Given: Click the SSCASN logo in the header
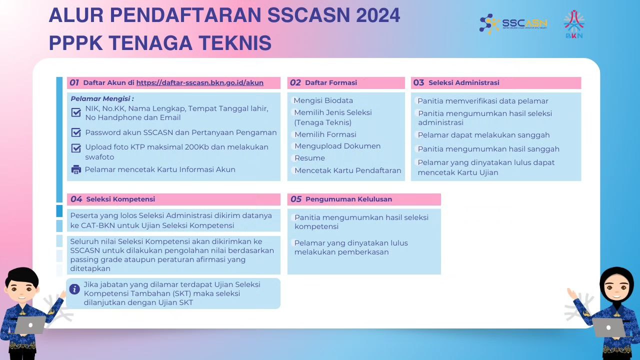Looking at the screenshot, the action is click(x=513, y=24).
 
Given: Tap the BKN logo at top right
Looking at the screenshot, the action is click(x=574, y=24).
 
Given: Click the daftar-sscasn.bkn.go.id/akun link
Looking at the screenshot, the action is click(x=199, y=83).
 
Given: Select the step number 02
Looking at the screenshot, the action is click(x=295, y=83).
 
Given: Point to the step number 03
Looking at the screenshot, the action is click(x=418, y=83).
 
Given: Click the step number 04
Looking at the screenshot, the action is click(x=76, y=199).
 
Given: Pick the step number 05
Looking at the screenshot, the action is click(x=296, y=199).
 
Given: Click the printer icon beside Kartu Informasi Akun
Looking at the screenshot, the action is click(x=76, y=169).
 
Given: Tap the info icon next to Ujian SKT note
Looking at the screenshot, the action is click(x=74, y=289).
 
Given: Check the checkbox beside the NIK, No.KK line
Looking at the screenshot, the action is click(x=76, y=112).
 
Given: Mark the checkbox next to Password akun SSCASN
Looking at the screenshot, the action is click(x=76, y=132).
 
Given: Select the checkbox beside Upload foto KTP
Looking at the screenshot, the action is click(x=76, y=148).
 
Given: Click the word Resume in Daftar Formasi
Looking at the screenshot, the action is click(x=309, y=158).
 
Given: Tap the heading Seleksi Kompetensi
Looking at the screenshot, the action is click(x=120, y=199).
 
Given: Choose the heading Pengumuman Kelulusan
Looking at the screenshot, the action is click(x=348, y=199).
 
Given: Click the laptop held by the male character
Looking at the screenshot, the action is click(x=29, y=325).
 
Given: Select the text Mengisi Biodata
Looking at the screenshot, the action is click(x=323, y=100).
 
